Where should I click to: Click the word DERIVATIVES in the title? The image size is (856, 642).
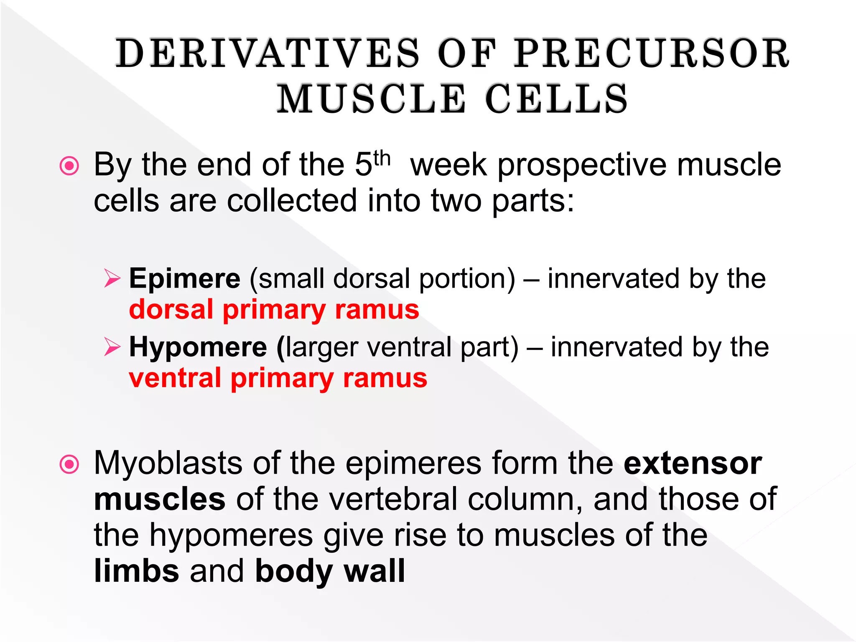point(267,53)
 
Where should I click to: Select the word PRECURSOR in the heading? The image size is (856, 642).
point(652,53)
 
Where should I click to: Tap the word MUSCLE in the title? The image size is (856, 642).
point(372,99)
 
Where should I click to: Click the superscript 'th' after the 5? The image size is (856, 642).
point(382,159)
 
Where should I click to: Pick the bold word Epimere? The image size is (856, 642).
point(185,278)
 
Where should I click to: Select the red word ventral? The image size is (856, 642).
point(175,378)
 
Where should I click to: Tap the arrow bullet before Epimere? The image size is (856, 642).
point(112,278)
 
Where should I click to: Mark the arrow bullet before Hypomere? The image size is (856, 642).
point(112,347)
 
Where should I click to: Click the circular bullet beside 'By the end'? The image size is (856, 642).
point(69,166)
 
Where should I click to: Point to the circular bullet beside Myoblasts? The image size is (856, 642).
point(69,464)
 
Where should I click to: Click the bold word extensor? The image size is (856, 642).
point(693,464)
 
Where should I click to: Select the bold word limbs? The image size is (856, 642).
point(137,571)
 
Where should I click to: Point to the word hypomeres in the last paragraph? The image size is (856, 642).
point(231,535)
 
